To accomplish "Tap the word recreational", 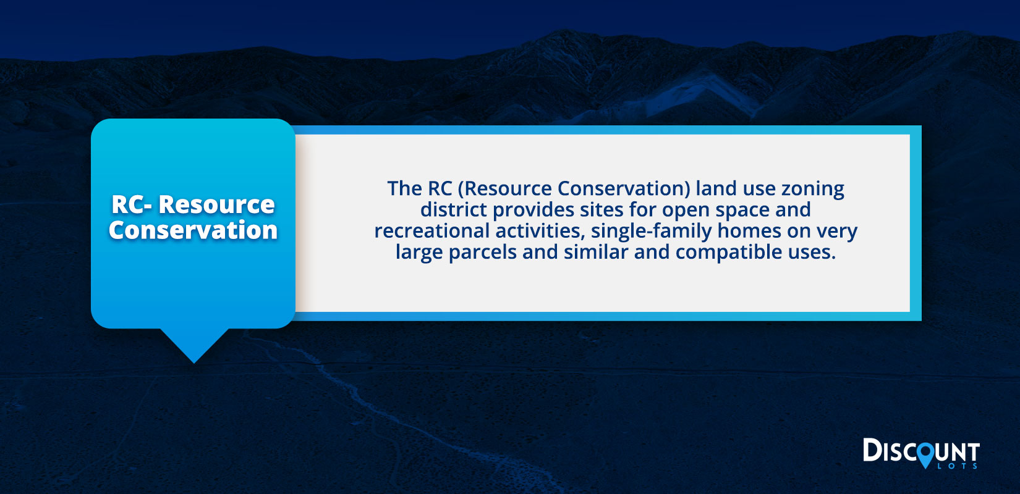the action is [431, 230].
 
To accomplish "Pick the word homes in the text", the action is [749, 230].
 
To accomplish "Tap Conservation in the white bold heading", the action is [193, 230].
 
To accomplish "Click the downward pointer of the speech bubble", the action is [194, 346].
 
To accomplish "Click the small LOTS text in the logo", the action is [958, 466].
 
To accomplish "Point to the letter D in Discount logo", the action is [872, 450].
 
